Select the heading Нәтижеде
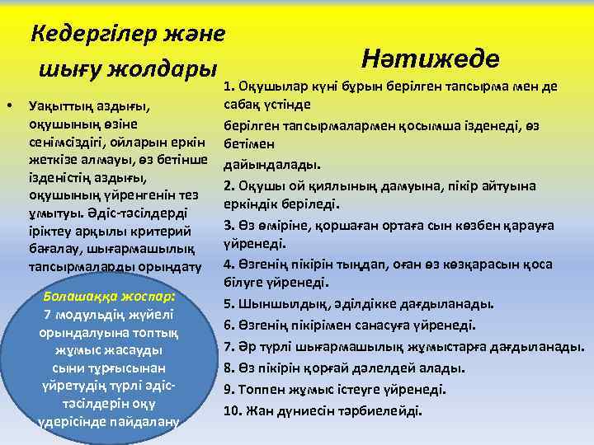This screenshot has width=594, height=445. pyautogui.click(x=431, y=58)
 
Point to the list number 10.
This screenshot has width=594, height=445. pyautogui.click(x=232, y=410)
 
